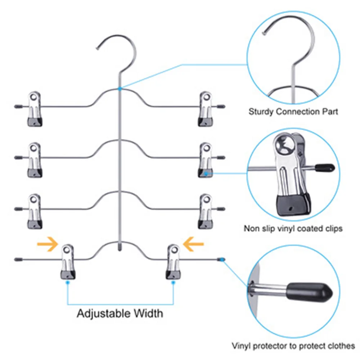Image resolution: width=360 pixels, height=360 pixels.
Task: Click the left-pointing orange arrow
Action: click(193, 245)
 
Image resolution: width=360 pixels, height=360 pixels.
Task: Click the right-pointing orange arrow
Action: click(48, 245)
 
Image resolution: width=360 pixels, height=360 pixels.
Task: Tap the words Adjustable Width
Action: click(120, 313)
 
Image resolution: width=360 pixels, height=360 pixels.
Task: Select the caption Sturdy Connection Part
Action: click(293, 112)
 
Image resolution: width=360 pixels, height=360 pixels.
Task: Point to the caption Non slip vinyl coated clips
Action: click(293, 228)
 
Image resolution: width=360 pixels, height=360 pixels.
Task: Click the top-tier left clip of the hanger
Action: click(34, 108)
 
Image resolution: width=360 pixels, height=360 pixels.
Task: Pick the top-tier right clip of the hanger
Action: click(205, 108)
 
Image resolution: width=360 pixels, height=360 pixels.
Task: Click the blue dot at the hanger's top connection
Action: click(120, 87)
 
